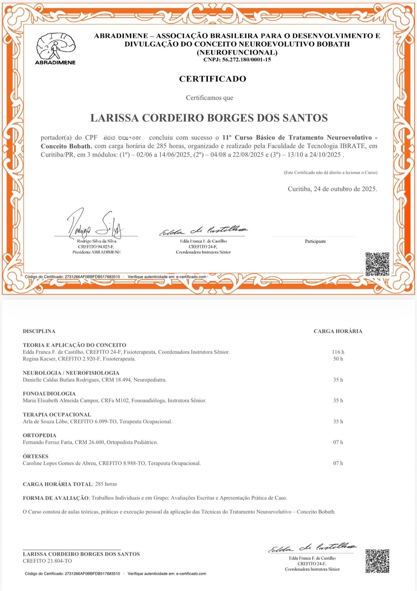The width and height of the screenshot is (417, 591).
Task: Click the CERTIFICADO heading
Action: pos(212,79)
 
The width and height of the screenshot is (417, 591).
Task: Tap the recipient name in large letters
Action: pos(209,118)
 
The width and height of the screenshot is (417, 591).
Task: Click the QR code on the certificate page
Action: pos(377,264)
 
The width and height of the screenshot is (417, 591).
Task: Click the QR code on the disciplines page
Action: pos(377,561)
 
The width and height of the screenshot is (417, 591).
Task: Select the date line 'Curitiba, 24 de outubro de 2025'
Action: pos(332,189)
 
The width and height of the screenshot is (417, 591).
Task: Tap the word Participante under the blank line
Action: pos(315,241)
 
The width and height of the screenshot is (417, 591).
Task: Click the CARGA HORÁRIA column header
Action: pos(338,331)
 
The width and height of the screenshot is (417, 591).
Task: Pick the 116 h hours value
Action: pos(338,352)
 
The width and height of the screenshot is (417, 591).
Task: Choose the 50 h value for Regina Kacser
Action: pos(338,359)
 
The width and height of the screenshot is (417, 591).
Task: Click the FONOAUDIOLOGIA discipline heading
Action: pos(49,393)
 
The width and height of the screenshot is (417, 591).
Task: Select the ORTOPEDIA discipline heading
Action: pos(39,435)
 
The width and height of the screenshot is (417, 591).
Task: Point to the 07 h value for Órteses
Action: pos(338,463)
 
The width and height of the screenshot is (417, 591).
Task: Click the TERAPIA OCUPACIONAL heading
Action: pos(57,415)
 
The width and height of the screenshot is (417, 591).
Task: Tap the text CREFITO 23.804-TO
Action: pos(47,561)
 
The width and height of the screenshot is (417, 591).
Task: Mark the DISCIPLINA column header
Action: pos(39,331)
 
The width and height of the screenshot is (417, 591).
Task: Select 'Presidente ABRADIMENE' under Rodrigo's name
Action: pos(96,252)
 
